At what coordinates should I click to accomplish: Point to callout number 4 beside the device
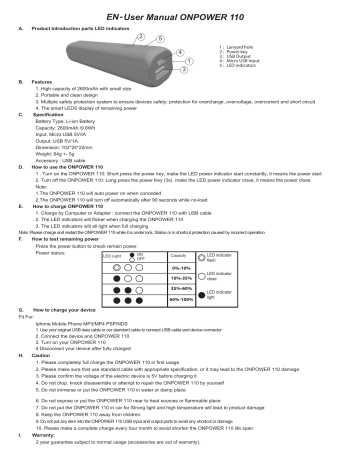179,52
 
